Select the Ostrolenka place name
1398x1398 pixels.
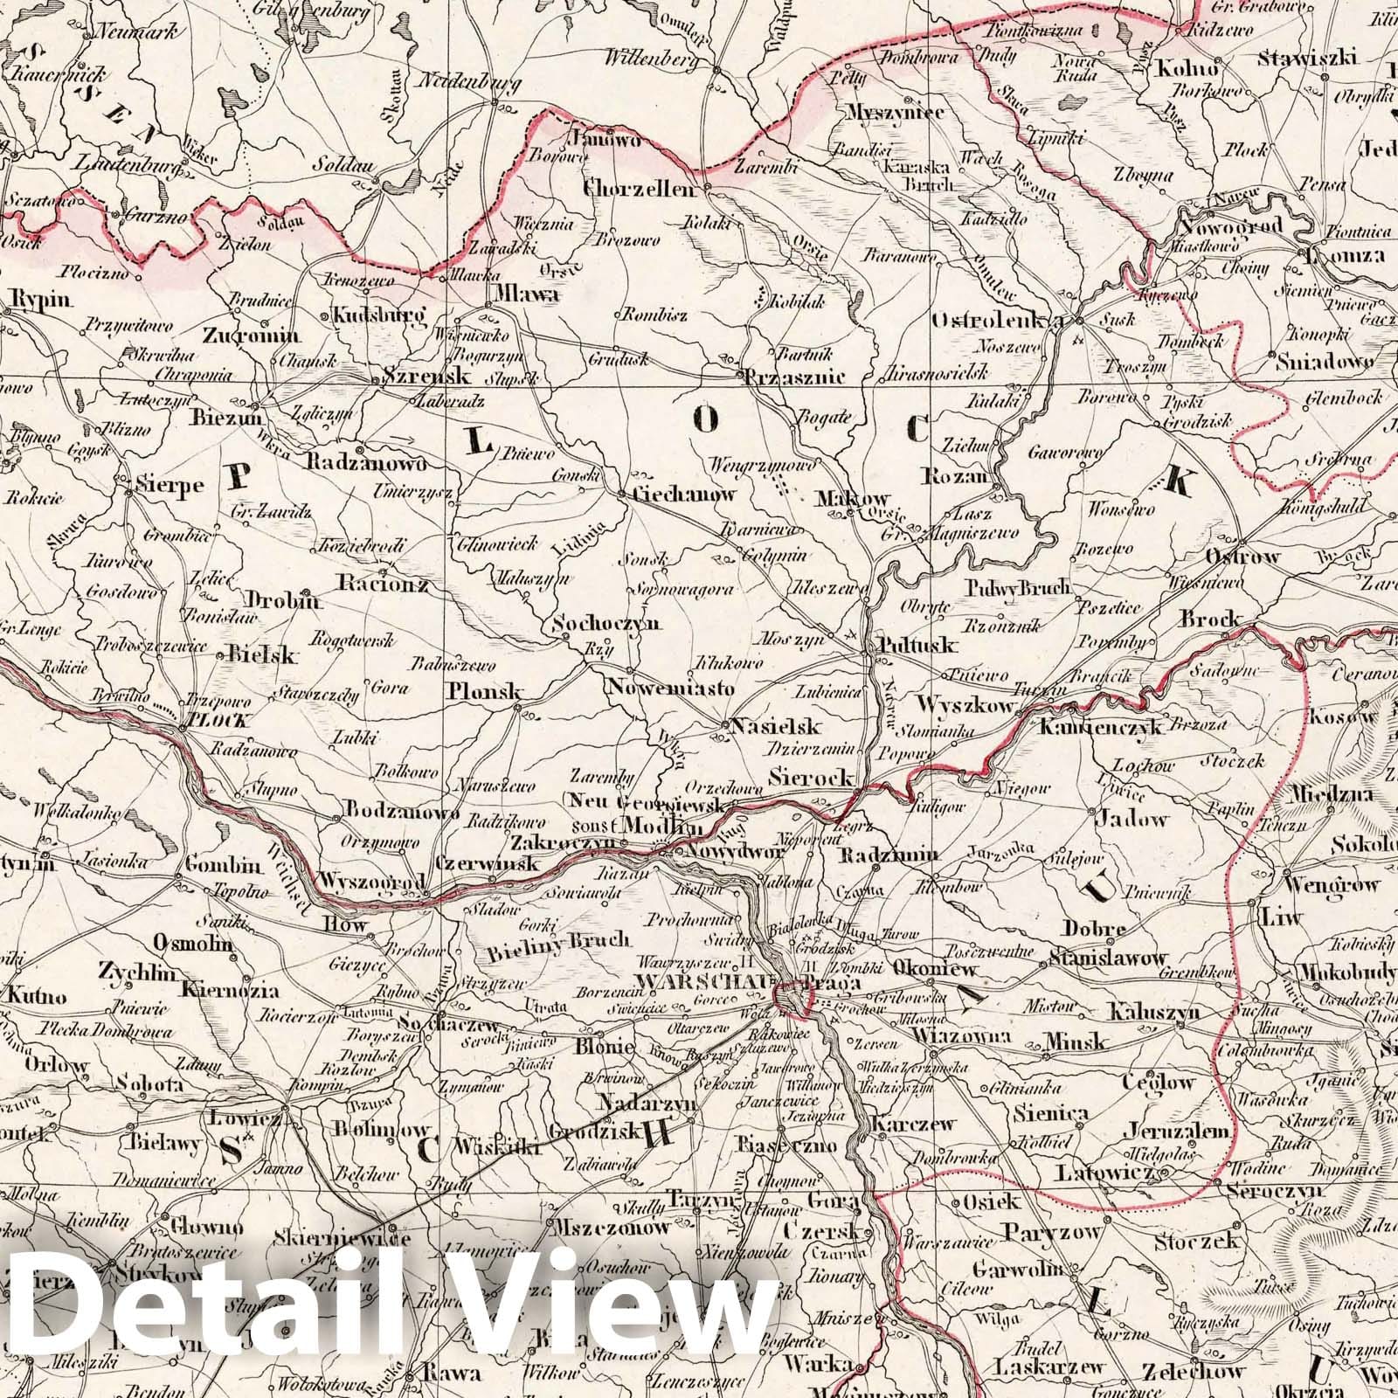coord(998,321)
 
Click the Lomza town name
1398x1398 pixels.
coord(1345,256)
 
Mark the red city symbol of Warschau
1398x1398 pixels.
coord(794,998)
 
